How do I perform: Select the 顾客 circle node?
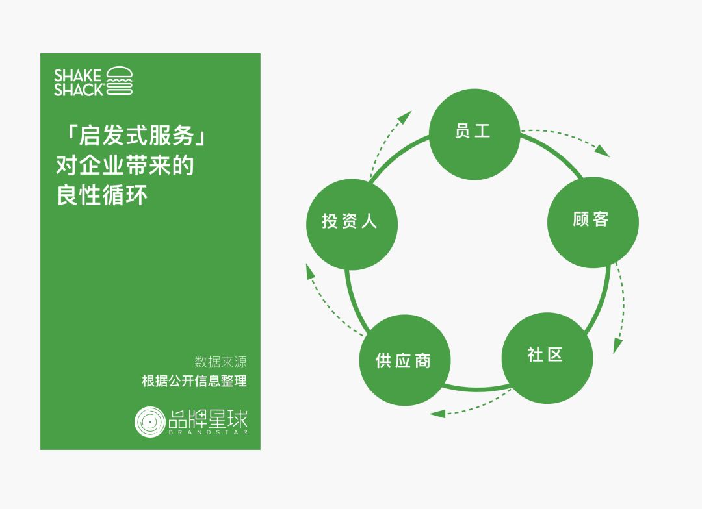click(x=593, y=222)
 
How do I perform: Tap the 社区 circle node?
click(x=547, y=358)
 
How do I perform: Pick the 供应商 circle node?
click(x=404, y=360)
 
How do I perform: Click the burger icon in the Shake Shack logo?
click(x=120, y=81)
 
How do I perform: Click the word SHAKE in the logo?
click(x=78, y=75)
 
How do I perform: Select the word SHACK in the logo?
click(x=78, y=90)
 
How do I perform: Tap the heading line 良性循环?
click(x=102, y=195)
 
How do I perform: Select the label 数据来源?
click(x=220, y=362)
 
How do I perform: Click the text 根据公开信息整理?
click(x=194, y=381)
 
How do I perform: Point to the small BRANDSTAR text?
click(x=207, y=432)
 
